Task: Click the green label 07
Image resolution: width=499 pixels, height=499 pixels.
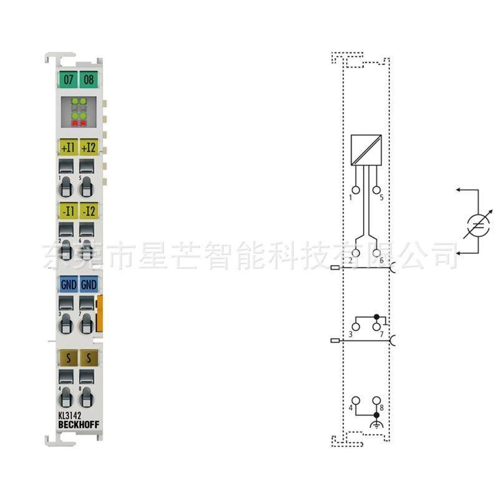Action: [68, 79]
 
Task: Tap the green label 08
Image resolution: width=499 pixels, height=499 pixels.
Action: [89, 79]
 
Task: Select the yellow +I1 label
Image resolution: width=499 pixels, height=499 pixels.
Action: [68, 147]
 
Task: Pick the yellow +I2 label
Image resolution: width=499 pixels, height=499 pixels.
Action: [89, 147]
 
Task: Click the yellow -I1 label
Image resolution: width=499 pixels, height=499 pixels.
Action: [68, 210]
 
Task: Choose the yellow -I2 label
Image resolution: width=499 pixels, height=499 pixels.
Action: [89, 210]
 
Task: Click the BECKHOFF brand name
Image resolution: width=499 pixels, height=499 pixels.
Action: [78, 425]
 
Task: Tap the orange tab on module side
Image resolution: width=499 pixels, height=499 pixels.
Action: [100, 314]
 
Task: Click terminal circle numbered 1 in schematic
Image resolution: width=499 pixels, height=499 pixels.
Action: [356, 190]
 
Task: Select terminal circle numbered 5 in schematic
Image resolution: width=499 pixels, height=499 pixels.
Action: [376, 190]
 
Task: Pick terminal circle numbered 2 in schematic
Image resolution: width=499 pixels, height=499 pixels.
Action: [356, 253]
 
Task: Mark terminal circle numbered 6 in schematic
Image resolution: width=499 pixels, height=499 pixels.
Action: [376, 253]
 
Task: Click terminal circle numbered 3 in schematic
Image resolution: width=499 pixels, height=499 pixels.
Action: [356, 326]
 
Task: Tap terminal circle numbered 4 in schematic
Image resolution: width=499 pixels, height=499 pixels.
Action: [356, 400]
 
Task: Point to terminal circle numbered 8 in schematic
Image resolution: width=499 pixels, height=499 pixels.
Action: [376, 400]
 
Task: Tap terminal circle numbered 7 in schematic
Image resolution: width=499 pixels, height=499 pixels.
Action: [376, 326]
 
